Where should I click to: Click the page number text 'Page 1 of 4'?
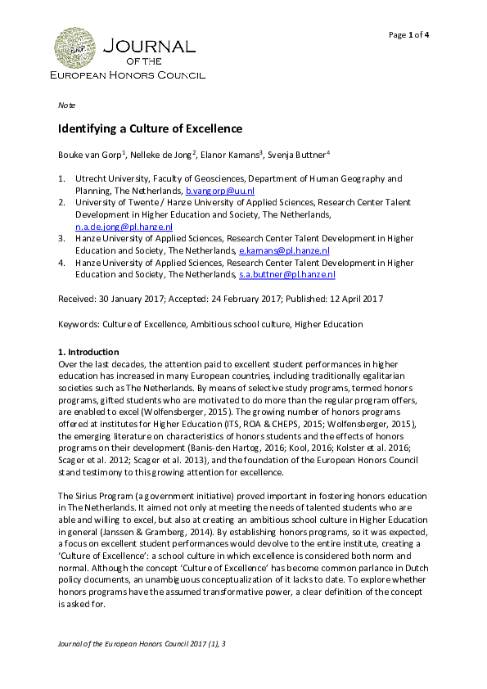(409, 34)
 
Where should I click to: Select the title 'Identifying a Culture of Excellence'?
(150, 129)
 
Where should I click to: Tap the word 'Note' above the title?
(66, 106)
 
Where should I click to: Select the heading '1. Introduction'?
(88, 351)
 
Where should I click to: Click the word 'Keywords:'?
(79, 324)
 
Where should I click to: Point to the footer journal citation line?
(142, 645)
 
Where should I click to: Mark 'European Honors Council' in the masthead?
(128, 75)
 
